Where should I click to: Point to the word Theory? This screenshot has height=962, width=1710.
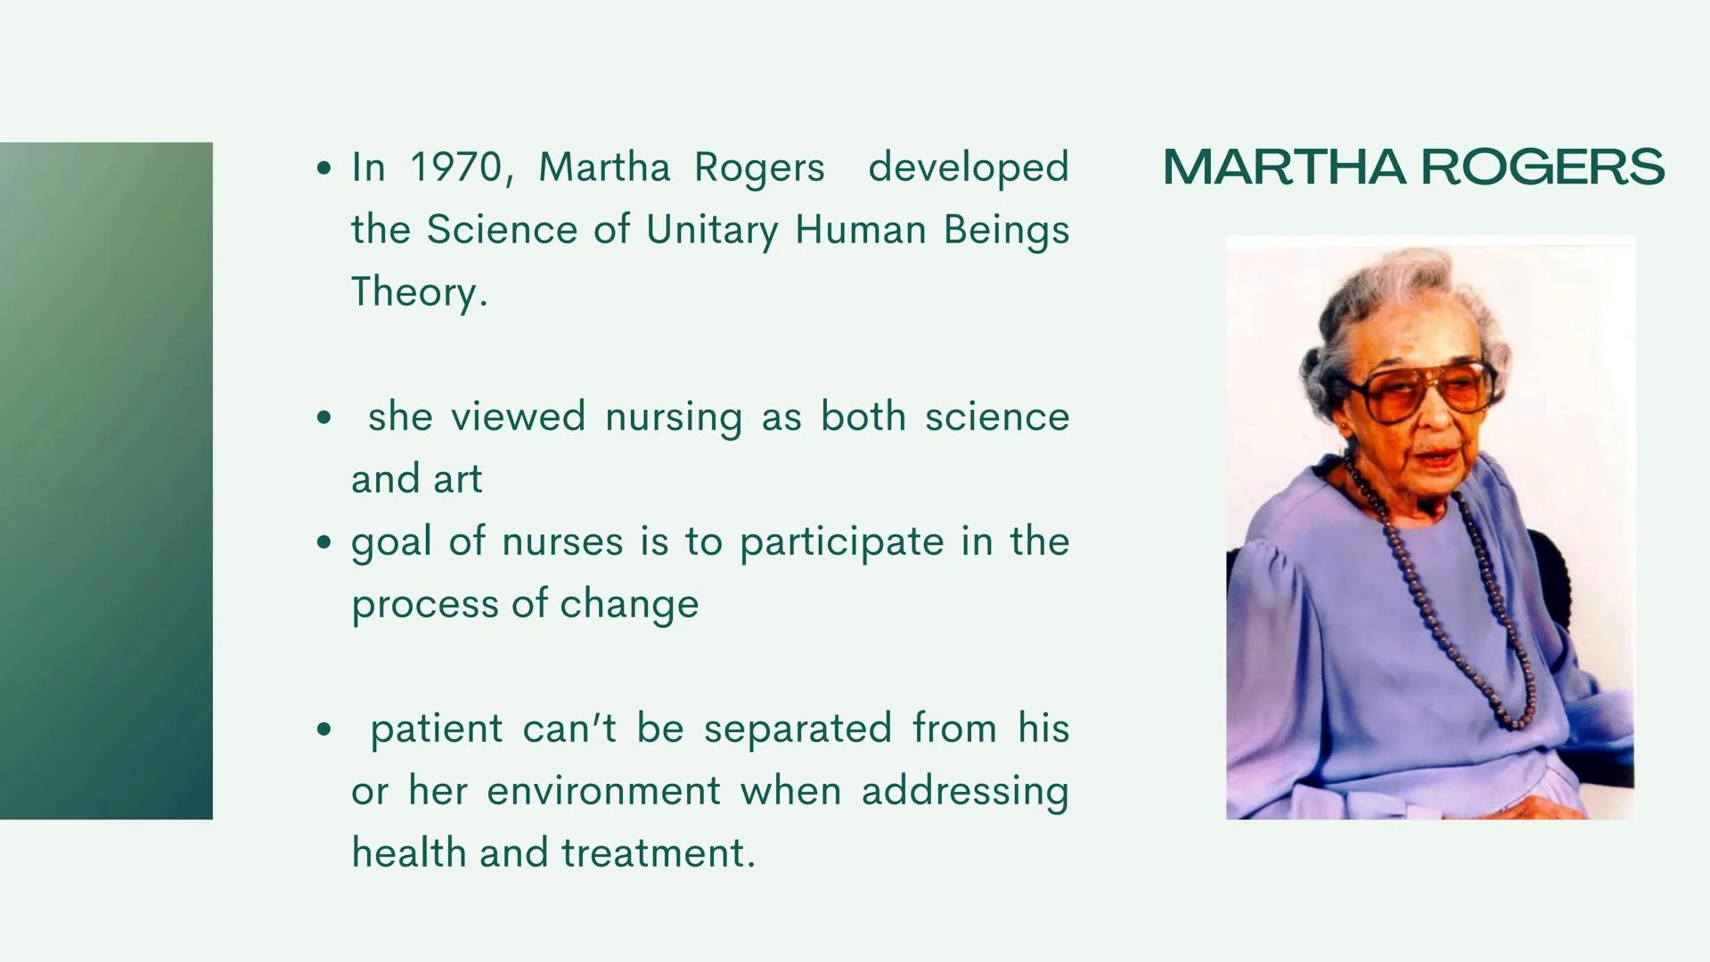pos(419,292)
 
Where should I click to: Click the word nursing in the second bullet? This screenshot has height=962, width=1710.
pos(673,418)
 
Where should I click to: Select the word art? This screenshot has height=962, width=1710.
pos(457,479)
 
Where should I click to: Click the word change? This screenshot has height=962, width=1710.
pos(629,604)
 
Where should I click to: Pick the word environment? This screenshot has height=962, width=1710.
pos(603,791)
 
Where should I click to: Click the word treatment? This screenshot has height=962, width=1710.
pos(658,853)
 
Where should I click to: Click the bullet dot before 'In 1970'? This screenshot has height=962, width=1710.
pos(323,167)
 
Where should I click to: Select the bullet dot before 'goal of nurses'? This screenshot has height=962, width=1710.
pos(323,542)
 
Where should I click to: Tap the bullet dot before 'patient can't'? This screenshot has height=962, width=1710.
pos(323,730)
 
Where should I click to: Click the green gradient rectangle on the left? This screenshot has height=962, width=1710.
pos(106,480)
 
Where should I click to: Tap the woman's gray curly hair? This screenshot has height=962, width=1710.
pos(1390,294)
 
